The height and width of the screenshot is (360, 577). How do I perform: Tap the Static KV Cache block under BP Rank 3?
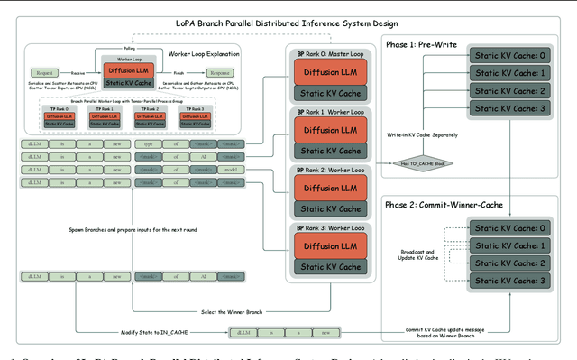coord(329,265)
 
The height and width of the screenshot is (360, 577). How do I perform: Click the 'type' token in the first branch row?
coord(149,143)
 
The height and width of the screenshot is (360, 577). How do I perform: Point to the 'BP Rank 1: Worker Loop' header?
coord(329,113)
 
